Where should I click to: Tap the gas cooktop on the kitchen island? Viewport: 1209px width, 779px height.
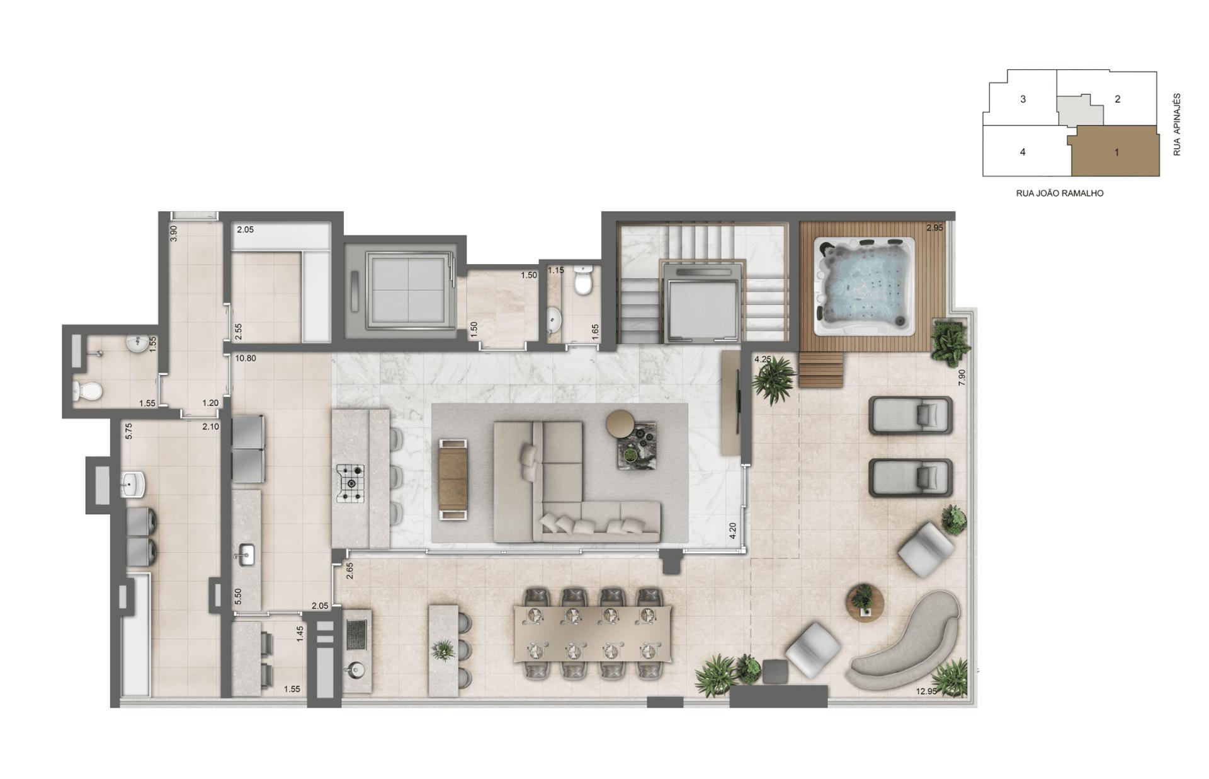click(350, 483)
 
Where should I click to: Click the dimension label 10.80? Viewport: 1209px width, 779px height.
click(245, 359)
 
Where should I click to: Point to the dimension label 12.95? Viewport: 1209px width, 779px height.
click(926, 691)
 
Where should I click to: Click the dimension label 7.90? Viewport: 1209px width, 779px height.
click(961, 378)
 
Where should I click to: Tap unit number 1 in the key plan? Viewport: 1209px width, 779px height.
click(1117, 152)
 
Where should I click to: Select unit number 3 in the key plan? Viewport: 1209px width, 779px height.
click(1023, 99)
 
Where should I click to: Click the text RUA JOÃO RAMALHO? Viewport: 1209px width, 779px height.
click(1060, 193)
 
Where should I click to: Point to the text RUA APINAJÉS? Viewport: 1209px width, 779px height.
click(1176, 125)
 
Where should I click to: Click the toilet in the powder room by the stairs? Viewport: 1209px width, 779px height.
click(584, 280)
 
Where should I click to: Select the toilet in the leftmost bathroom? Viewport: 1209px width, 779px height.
click(87, 391)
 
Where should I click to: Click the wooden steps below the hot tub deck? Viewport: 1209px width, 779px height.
click(821, 369)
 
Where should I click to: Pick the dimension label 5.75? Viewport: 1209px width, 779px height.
click(128, 431)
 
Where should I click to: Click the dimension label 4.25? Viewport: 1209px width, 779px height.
click(763, 359)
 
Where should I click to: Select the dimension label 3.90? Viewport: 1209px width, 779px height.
click(174, 233)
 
